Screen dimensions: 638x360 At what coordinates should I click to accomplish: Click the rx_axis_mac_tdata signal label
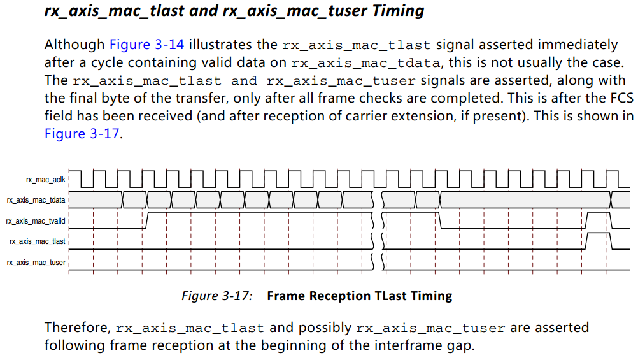pyautogui.click(x=36, y=200)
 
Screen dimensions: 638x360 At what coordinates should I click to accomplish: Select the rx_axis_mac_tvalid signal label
pyautogui.click(x=36, y=221)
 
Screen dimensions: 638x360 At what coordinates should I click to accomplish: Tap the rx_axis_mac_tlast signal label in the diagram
pyautogui.click(x=38, y=242)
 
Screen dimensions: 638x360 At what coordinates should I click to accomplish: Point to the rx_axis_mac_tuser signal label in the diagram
pyautogui.click(x=36, y=263)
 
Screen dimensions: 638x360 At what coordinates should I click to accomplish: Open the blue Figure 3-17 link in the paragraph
pyautogui.click(x=82, y=134)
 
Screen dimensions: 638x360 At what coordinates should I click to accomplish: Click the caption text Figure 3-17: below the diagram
pyautogui.click(x=217, y=296)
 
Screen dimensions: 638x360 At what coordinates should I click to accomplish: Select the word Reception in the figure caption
pyautogui.click(x=338, y=296)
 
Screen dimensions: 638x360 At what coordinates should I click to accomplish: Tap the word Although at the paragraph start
pyautogui.click(x=74, y=45)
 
